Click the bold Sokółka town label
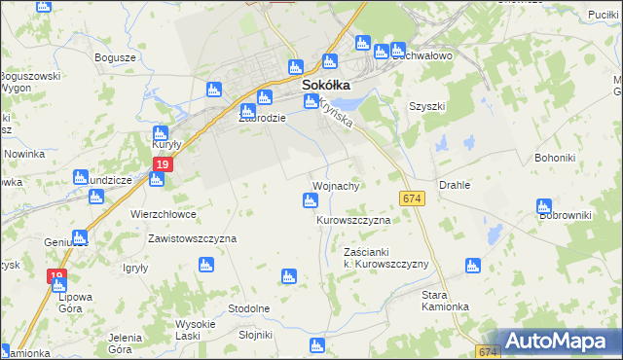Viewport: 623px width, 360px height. [326, 85]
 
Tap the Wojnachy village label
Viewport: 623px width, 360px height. [339, 185]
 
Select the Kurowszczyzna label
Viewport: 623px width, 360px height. [353, 221]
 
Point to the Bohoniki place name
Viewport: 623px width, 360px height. [560, 157]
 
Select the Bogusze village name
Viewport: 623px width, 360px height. [114, 57]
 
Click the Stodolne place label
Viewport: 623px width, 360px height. [248, 308]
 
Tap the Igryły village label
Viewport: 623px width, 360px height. [134, 268]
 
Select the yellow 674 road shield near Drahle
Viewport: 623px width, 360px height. [412, 198]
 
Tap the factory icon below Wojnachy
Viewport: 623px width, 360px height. [310, 201]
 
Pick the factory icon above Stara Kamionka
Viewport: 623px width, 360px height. [472, 265]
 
